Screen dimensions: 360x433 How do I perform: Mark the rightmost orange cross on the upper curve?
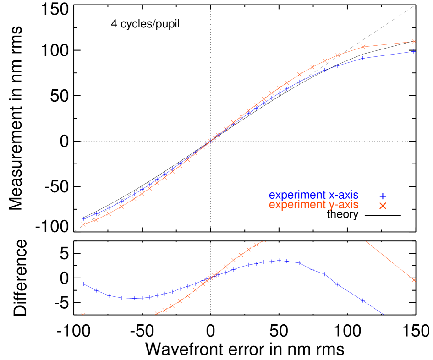click(414, 41)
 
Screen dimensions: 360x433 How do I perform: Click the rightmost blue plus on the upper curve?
click(414, 51)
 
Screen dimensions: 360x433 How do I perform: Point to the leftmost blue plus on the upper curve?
click(83, 218)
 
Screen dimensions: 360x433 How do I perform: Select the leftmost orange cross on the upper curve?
click(83, 224)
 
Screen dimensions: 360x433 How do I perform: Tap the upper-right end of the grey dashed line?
click(415, 5)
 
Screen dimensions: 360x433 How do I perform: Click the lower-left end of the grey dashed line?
click(74, 231)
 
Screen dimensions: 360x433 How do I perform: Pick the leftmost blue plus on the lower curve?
click(83, 284)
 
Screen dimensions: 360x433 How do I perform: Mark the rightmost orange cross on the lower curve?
click(414, 280)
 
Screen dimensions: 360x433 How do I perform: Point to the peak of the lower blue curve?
click(279, 261)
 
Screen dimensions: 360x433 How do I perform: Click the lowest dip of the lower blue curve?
click(133, 298)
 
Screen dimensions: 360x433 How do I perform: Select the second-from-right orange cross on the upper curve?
click(363, 47)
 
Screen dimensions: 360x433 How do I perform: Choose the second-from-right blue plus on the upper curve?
click(362, 58)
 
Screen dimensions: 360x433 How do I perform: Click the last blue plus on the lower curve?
click(362, 300)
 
